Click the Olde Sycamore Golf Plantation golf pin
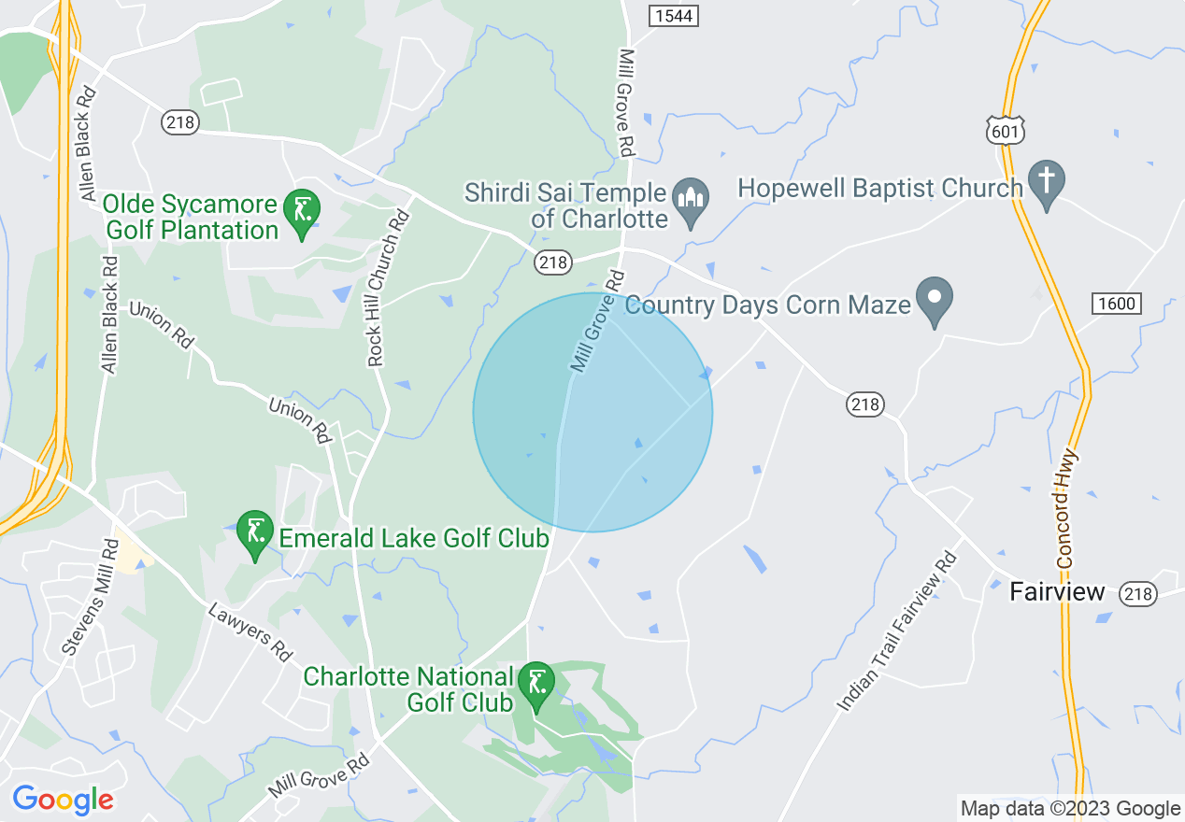302,212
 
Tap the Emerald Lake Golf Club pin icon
254,532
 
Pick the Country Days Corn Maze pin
934,300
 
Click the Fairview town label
1057,592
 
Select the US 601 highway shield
1005,131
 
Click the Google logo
63,800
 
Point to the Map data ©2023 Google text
1070,808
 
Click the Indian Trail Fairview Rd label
898,631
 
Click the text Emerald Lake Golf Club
413,538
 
